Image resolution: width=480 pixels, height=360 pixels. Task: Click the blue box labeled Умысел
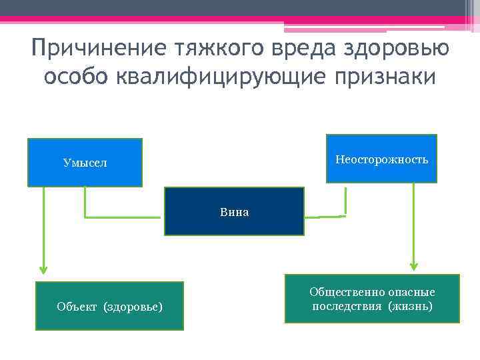click(85, 162)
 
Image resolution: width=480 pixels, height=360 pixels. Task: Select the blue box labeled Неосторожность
click(381, 159)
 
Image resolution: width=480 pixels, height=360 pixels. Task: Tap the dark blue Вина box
click(234, 211)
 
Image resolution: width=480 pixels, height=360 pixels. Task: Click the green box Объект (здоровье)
click(109, 306)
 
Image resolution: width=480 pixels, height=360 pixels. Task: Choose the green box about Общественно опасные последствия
click(372, 299)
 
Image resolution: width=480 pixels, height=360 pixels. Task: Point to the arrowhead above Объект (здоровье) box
click(43, 269)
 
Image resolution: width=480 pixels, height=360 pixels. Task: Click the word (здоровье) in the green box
click(133, 307)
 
